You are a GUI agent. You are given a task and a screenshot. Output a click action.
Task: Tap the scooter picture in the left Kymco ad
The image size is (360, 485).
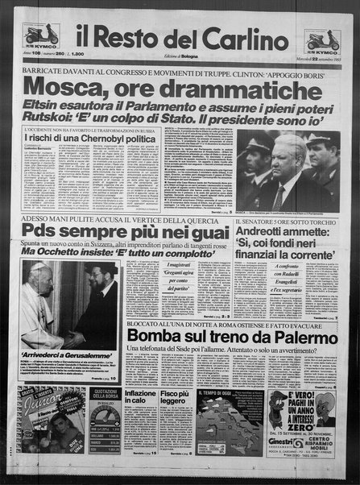pos(41,33)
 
